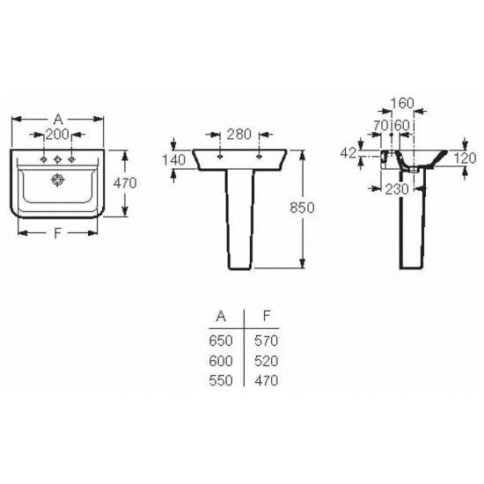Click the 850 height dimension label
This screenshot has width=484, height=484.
(x=302, y=208)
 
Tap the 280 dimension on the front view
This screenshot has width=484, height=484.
(x=239, y=135)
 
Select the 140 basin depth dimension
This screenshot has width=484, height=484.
(x=173, y=159)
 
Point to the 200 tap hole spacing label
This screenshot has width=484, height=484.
(x=57, y=135)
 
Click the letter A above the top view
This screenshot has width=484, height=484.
(x=58, y=119)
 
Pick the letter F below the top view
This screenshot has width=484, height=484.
(x=58, y=233)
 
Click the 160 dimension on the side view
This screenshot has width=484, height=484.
(x=402, y=103)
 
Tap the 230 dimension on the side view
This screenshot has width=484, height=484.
(x=397, y=189)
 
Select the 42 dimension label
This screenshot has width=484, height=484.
(x=348, y=153)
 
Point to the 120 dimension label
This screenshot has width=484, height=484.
(x=466, y=158)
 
